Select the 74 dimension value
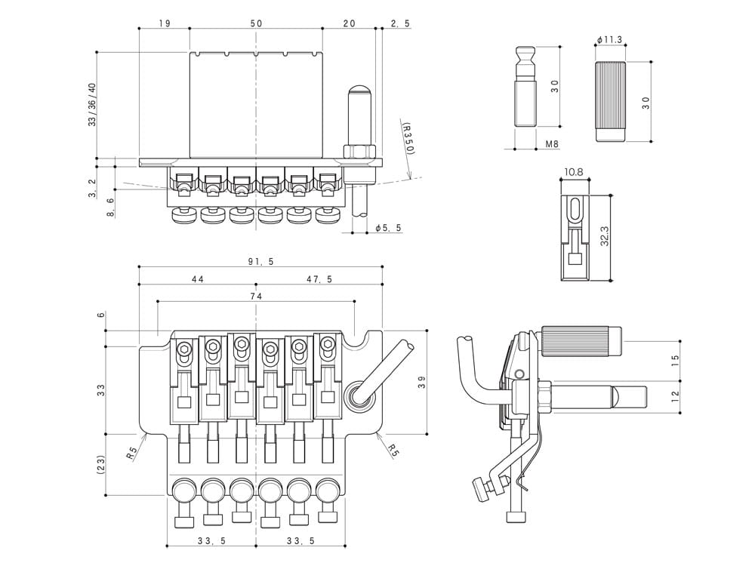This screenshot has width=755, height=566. point(256,297)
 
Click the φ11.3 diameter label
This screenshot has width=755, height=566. point(609,39)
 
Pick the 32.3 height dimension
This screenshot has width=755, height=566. point(605,238)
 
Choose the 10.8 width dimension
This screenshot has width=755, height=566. point(574,172)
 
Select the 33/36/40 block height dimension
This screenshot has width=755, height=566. point(92,104)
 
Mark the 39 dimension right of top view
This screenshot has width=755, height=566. point(422,382)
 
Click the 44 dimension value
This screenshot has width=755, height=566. point(198,279)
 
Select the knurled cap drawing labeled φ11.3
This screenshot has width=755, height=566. point(611,101)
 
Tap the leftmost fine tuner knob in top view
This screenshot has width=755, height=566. point(183,491)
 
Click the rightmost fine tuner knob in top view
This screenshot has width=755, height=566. point(328,491)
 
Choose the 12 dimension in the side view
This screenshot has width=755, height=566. point(675,394)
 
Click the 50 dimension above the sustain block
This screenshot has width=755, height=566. point(256,23)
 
